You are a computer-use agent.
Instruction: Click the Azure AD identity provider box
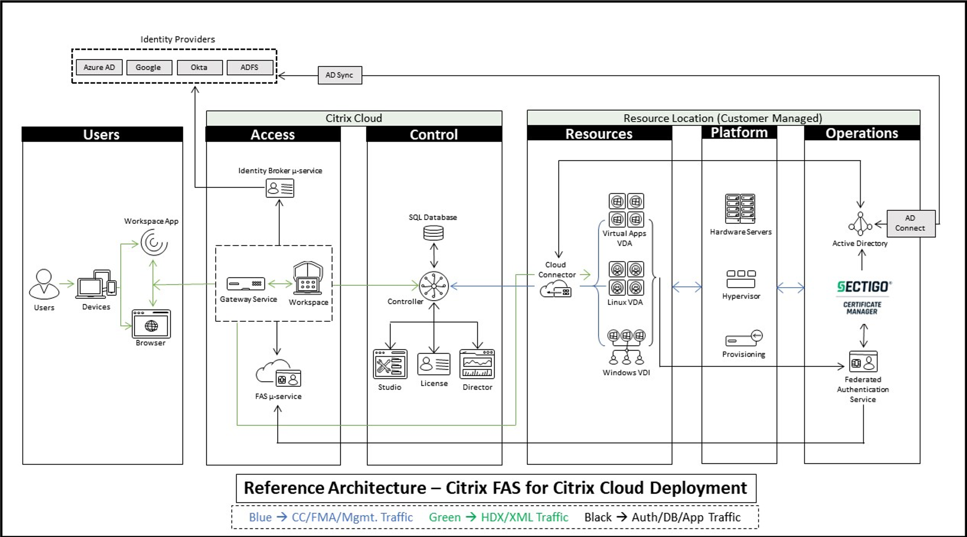pos(99,67)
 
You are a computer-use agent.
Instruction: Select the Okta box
pos(199,67)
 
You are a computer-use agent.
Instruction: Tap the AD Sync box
pos(339,75)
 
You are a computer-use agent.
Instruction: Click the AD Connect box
pos(911,223)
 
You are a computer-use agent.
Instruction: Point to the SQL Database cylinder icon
pos(433,233)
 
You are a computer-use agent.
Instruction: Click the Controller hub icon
pos(434,286)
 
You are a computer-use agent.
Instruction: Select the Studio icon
pos(390,364)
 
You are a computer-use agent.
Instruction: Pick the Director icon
pos(477,364)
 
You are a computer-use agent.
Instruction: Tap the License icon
pos(434,364)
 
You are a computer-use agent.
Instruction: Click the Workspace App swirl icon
pos(154,243)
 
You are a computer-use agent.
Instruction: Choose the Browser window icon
pos(151,324)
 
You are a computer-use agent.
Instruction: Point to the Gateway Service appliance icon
pos(246,284)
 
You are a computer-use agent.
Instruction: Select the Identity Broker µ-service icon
pos(280,189)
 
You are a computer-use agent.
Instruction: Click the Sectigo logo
pos(863,287)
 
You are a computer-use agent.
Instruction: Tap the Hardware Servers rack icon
pos(740,209)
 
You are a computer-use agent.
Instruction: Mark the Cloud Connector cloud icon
pos(555,290)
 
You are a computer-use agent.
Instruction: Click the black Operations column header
pos(862,133)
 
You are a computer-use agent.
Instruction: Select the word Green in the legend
pos(444,517)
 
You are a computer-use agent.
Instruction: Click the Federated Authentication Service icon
pos(863,362)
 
